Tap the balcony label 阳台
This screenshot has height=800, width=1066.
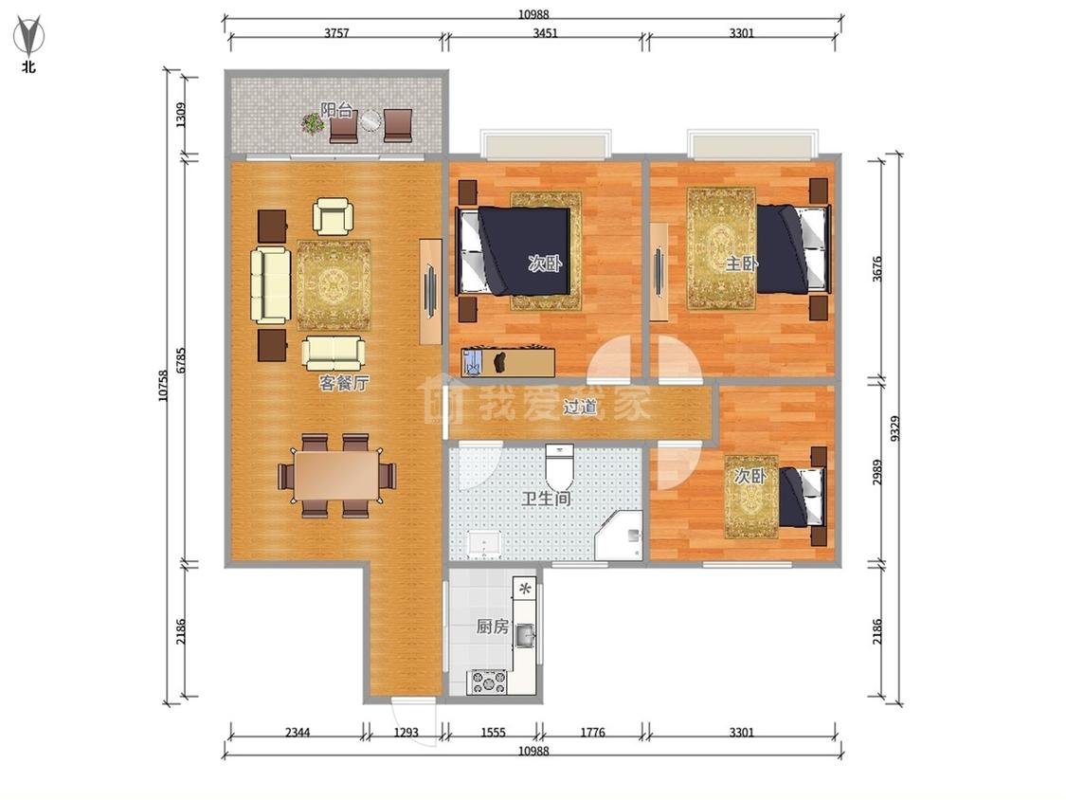337,110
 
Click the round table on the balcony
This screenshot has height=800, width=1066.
370,121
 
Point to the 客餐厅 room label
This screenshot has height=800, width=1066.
344,383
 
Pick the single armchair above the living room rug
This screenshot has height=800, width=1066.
334,216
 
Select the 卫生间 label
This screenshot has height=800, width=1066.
546,499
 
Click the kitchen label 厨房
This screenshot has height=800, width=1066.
492,626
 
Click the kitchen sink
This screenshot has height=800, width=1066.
526,636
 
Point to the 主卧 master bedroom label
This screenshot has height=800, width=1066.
741,264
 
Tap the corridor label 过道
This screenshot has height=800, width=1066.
580,407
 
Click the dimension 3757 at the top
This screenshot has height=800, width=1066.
336,33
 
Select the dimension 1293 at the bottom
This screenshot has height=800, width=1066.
406,733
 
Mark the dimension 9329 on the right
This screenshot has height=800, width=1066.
894,428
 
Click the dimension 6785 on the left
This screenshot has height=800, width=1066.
181,360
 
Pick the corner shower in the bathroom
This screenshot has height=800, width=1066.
619,536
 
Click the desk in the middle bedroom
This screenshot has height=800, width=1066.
509,362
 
